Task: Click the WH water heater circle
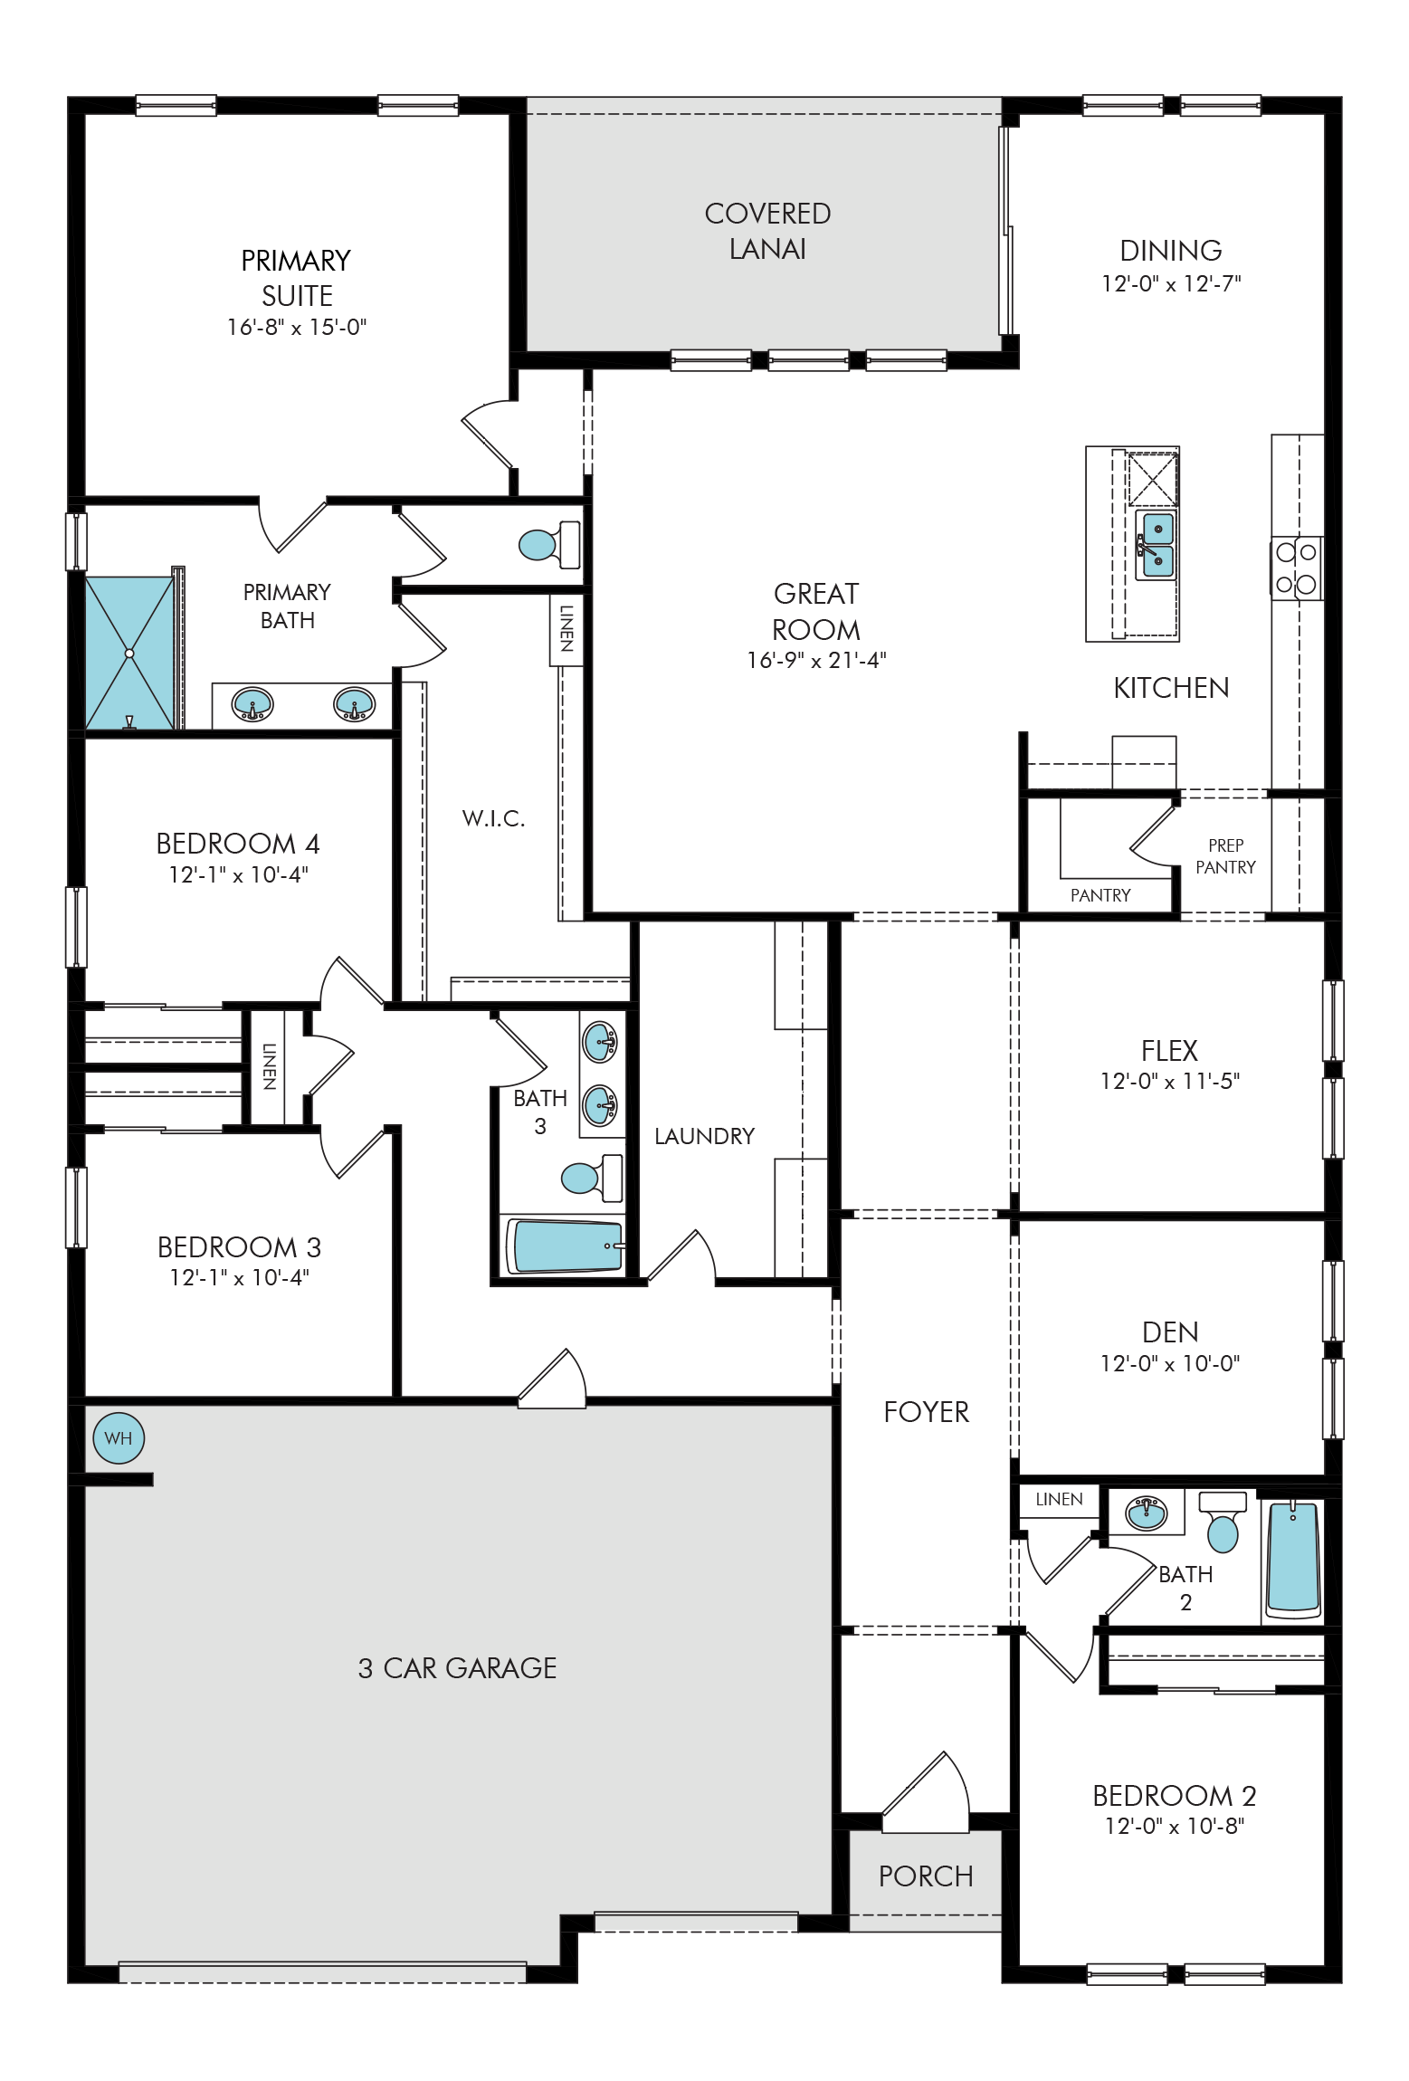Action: [x=119, y=1437]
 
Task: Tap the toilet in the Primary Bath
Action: [x=549, y=544]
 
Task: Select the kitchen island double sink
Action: [x=1157, y=545]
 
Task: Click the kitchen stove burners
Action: [x=1296, y=568]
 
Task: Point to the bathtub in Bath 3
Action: [x=566, y=1246]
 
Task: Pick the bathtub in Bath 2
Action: [x=1293, y=1560]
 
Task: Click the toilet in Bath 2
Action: [x=1223, y=1522]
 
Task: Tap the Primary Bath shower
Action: [x=129, y=652]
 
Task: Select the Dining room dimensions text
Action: [x=1171, y=283]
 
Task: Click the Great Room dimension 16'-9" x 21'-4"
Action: [x=816, y=660]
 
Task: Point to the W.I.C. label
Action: [x=493, y=818]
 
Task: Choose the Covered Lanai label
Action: [x=767, y=231]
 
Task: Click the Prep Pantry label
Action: [x=1225, y=856]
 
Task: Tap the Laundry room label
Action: [x=704, y=1136]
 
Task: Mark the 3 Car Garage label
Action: [x=457, y=1667]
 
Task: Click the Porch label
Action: [x=926, y=1876]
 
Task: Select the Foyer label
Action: [x=926, y=1412]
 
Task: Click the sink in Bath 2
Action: [x=1146, y=1512]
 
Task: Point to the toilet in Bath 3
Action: [x=592, y=1176]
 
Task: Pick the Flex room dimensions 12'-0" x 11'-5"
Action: [x=1170, y=1081]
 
